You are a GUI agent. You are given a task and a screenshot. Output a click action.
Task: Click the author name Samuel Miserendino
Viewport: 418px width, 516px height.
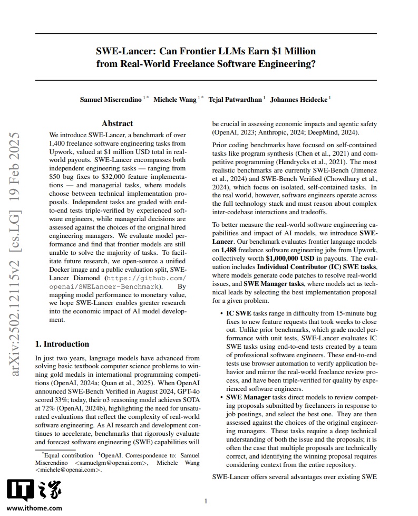(111, 99)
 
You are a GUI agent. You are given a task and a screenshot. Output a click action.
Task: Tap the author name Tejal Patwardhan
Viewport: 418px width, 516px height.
(235, 99)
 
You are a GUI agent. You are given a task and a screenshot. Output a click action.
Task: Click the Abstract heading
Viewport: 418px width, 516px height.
(117, 123)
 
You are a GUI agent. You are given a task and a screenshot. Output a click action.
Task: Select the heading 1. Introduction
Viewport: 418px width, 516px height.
(62, 344)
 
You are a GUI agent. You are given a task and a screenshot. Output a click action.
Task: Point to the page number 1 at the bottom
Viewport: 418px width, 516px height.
(206, 501)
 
